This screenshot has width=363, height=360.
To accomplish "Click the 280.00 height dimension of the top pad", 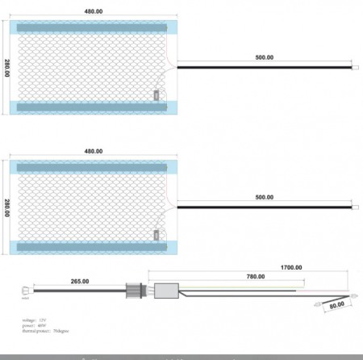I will pos(7,69).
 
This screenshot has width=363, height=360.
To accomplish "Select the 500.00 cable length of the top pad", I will pos(264,58).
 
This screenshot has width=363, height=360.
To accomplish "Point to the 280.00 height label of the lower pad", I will pos(7,208).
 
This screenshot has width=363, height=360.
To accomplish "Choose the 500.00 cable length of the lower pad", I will pos(264,197).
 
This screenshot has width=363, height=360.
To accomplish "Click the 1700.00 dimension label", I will pos(291,267).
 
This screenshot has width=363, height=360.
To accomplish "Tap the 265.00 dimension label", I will pos(80,282).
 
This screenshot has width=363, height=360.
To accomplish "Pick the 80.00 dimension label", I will pos(335,305).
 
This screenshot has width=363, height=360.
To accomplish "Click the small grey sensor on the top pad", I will pos(156,94).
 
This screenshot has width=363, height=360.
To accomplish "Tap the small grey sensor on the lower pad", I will pos(156,234).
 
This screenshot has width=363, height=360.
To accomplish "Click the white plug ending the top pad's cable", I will pos(356,68).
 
